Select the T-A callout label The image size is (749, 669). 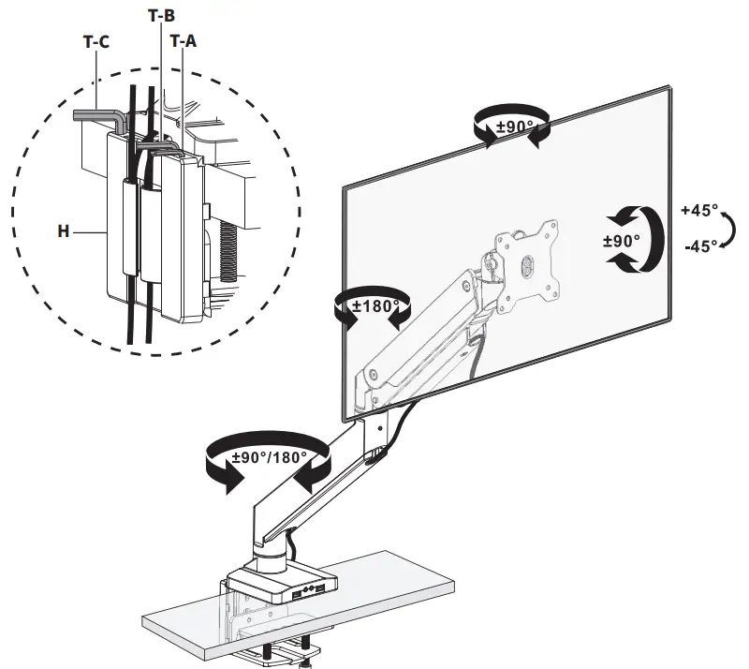(x=184, y=41)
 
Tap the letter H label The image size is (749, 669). (x=64, y=230)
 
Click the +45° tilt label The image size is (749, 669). (x=702, y=210)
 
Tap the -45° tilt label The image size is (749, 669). (x=701, y=245)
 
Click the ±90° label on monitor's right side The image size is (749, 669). (x=622, y=240)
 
